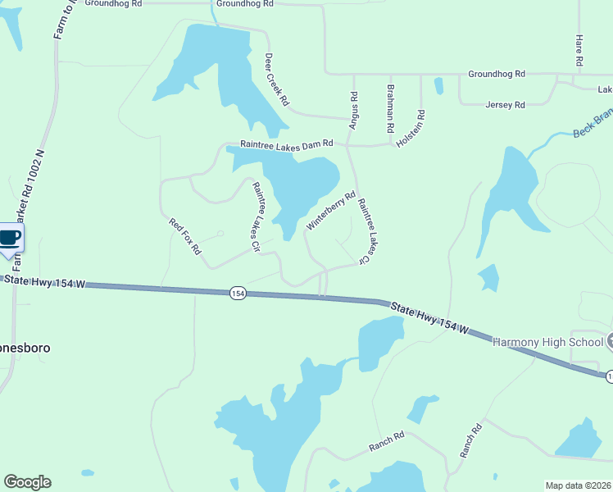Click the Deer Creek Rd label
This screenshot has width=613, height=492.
tap(277, 80)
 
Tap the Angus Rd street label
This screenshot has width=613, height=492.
tap(354, 109)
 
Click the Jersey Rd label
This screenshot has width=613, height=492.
tap(505, 105)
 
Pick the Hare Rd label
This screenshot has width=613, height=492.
tap(579, 50)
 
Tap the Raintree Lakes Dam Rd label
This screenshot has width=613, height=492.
tap(287, 143)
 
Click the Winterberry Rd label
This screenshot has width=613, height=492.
tap(331, 211)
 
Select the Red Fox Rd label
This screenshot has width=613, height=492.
tap(184, 236)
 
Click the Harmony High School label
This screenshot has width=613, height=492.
tap(546, 341)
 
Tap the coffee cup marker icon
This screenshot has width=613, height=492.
tap(10, 238)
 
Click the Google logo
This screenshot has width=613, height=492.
tap(27, 482)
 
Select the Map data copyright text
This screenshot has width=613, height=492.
tap(578, 485)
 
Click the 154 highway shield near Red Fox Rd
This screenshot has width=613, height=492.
tap(238, 293)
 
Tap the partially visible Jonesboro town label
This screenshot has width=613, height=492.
tap(25, 348)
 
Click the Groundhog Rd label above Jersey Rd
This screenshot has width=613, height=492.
tap(497, 74)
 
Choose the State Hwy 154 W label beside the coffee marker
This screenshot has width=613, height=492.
tap(45, 282)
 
